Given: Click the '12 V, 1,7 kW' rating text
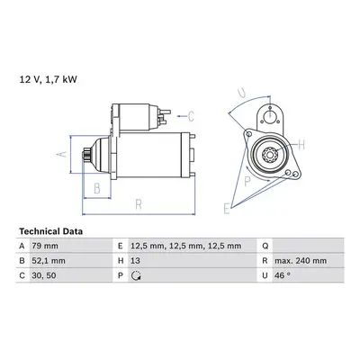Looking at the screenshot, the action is click(48, 79).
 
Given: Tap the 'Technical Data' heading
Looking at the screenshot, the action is click(51, 231).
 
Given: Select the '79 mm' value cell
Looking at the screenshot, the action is click(45, 246).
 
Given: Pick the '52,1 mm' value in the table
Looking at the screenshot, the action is click(49, 261).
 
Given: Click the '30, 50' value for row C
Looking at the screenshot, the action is click(44, 275).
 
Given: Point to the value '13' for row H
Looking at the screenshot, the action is click(135, 261).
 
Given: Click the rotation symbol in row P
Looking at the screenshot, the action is click(136, 275).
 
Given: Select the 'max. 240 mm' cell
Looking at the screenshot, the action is click(301, 261).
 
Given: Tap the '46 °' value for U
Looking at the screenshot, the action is click(283, 275).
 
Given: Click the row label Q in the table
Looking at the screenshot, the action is click(265, 246).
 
